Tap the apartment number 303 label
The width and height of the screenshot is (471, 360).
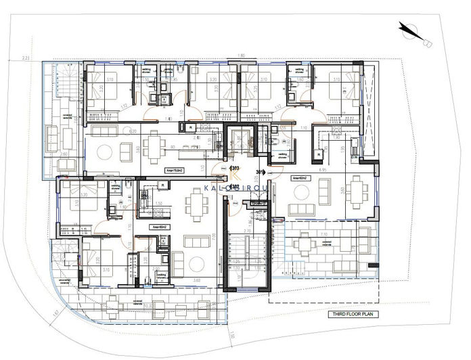(x=235, y=168)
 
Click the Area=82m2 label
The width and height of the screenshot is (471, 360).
(x=300, y=179)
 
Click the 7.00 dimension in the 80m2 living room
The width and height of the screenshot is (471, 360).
(x=214, y=236)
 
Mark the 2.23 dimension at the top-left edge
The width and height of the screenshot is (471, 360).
(x=25, y=58)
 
